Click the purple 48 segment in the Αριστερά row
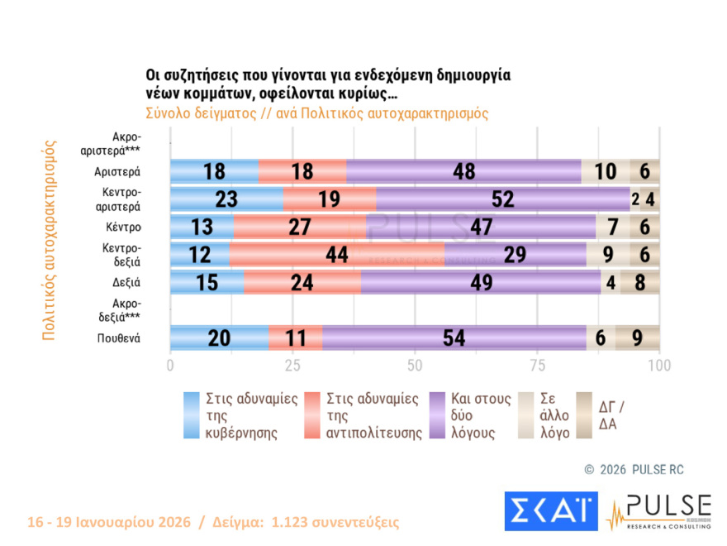coord(463,171)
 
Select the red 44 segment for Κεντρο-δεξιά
coord(336,255)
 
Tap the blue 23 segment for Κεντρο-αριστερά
coord(226,199)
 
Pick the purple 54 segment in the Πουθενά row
coord(454,338)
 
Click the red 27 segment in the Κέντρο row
coord(300,227)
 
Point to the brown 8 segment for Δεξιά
coord(640,282)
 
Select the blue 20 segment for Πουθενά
coord(220,338)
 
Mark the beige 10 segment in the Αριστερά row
coord(606,171)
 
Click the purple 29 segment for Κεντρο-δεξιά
coord(515,255)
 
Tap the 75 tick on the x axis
coord(537,365)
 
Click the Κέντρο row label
coord(122,227)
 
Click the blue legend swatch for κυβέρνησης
coord(192,415)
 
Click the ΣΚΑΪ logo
coord(551,511)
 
